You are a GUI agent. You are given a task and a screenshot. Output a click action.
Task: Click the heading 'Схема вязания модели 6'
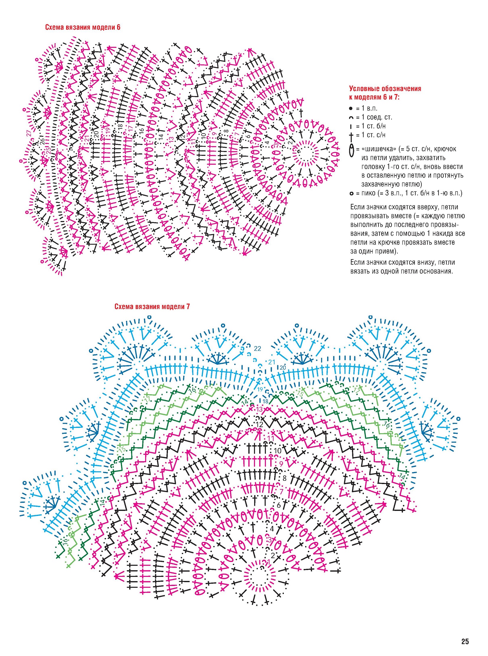(x=82, y=27)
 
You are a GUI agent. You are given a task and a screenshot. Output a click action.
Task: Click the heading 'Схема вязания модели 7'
(x=152, y=306)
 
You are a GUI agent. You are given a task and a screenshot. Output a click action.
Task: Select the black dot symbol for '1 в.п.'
(x=351, y=108)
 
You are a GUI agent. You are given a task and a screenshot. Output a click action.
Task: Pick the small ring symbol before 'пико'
(x=351, y=194)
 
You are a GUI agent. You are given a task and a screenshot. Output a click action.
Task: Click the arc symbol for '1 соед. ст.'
(x=351, y=118)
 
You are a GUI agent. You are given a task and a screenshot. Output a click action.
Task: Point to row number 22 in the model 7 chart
(x=257, y=349)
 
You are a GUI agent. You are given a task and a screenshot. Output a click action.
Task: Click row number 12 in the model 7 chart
(x=259, y=424)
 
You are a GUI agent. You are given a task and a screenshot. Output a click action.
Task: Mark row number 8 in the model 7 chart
(x=284, y=478)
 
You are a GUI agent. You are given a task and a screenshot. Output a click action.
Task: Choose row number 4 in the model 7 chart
(x=271, y=528)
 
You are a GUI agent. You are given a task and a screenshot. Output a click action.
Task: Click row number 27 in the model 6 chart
(x=29, y=133)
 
